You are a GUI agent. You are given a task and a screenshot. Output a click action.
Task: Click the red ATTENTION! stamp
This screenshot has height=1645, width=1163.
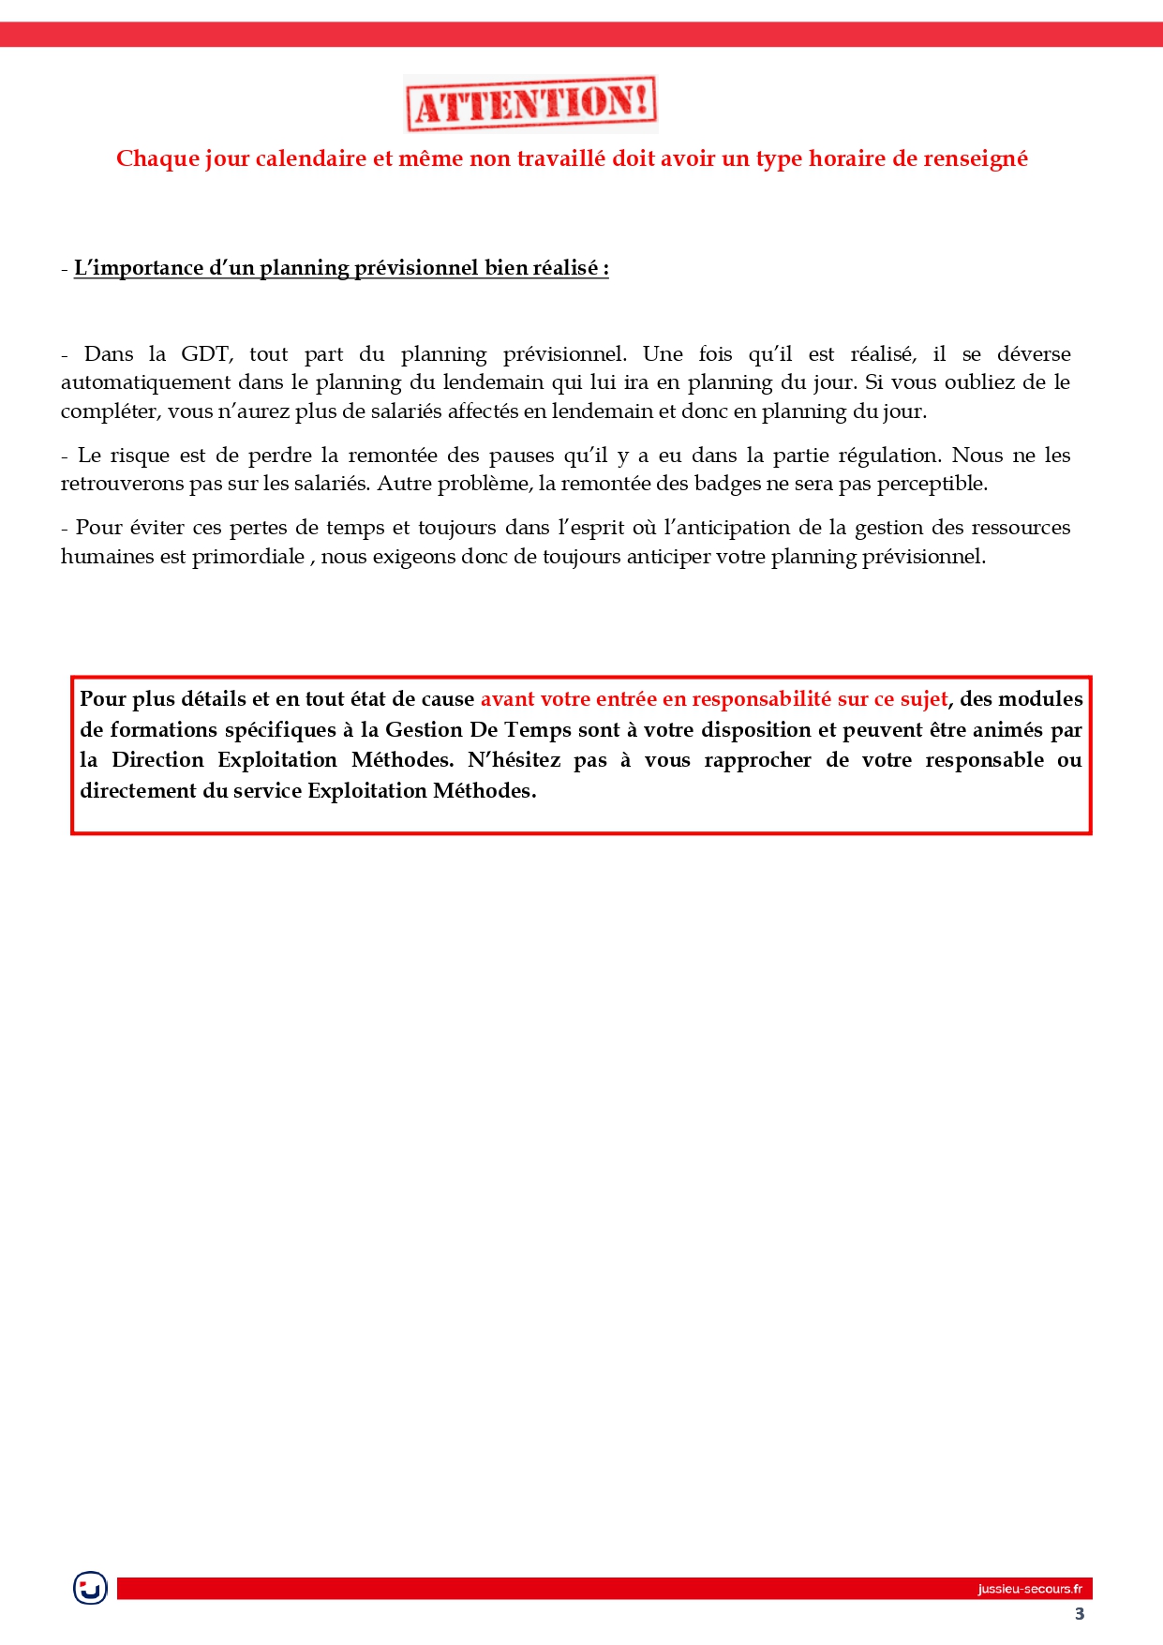pos(530,104)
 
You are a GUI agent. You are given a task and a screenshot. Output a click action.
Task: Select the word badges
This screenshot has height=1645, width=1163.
pos(727,484)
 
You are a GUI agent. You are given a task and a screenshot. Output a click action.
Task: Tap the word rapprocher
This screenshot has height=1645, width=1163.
pos(757,760)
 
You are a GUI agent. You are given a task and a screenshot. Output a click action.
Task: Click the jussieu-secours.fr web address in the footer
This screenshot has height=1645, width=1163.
pos(1029,1589)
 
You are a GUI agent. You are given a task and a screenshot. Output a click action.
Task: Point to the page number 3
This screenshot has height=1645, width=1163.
pos(1080,1613)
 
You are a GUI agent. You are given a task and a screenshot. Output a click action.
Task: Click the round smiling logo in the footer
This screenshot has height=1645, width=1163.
pos(91,1588)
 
